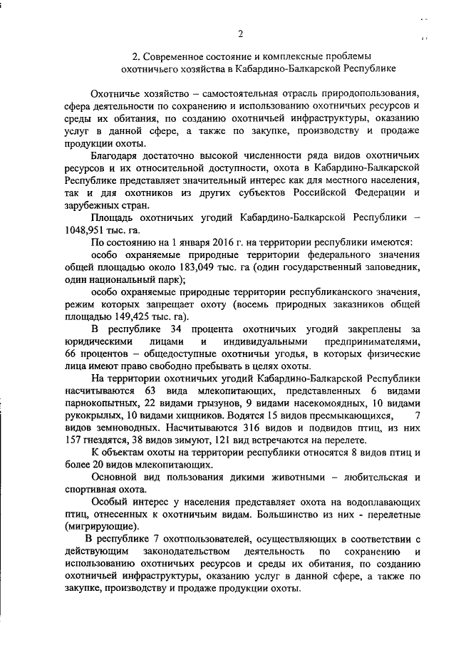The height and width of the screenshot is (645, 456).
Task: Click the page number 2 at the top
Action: coord(240,33)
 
